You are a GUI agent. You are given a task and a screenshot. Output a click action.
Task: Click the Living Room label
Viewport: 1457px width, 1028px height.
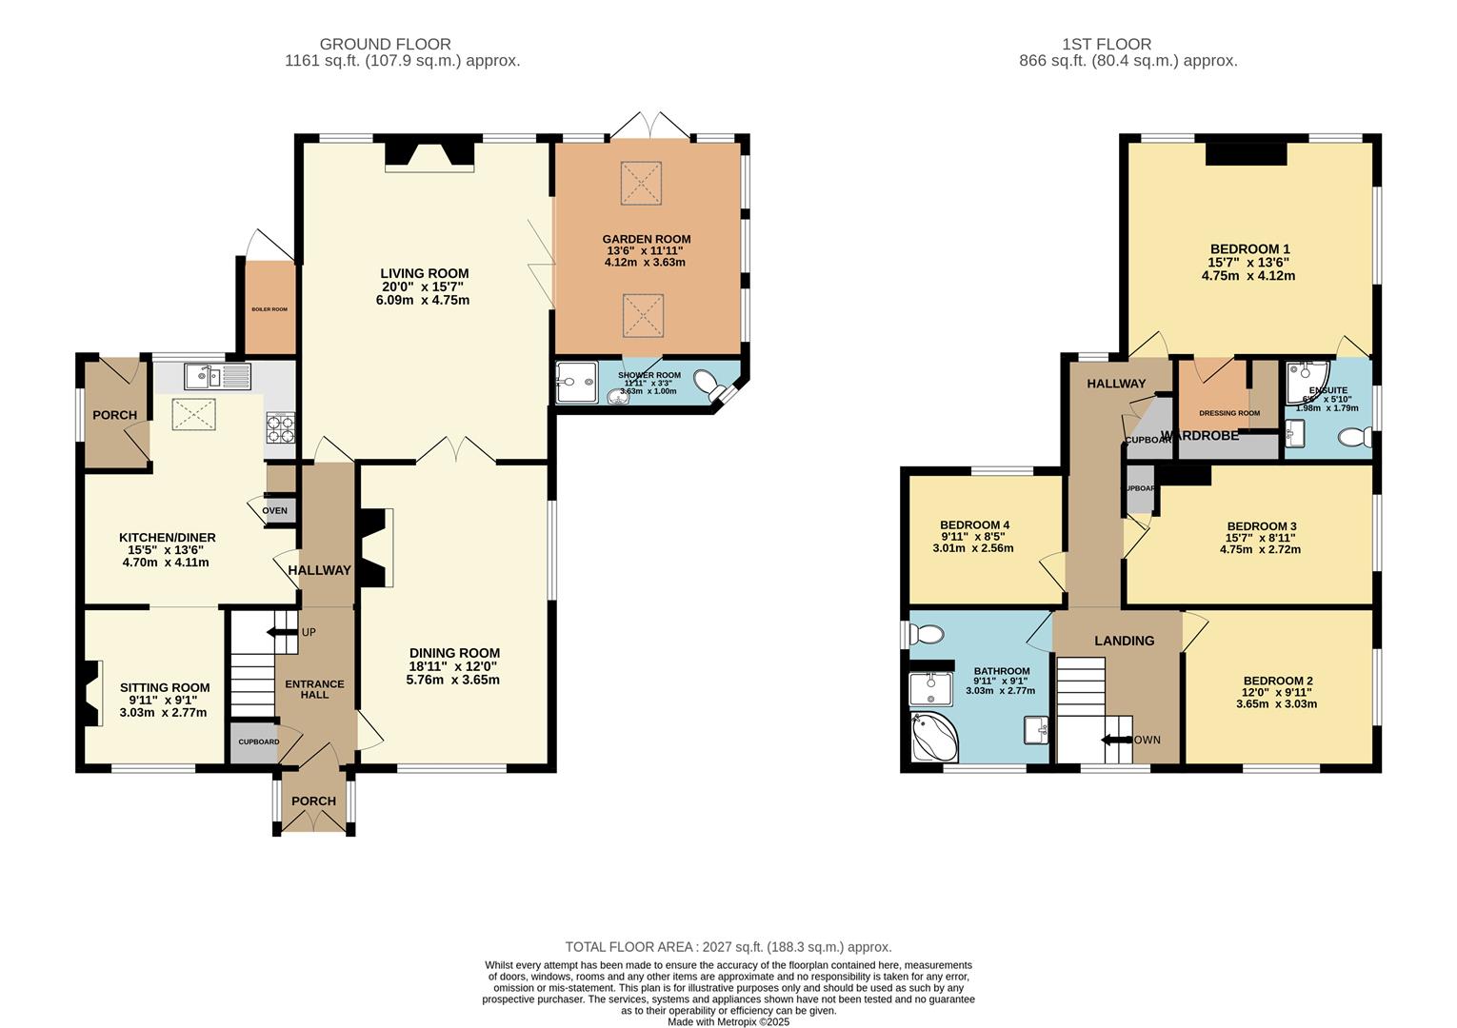(424, 273)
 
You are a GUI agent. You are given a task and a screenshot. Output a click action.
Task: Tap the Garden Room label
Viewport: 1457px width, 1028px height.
(646, 239)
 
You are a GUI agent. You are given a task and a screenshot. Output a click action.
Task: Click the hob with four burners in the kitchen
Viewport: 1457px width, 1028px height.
(281, 427)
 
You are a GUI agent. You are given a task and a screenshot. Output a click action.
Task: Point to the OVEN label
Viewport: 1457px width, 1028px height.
(274, 510)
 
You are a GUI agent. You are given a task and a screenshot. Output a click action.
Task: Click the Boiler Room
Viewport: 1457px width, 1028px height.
(269, 308)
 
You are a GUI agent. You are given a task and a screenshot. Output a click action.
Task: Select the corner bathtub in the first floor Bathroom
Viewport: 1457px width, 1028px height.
(931, 738)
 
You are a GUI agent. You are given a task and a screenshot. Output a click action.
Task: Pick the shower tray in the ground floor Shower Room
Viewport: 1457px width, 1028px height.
(576, 383)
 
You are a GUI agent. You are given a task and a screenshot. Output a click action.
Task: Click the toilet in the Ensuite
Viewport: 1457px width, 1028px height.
(1353, 437)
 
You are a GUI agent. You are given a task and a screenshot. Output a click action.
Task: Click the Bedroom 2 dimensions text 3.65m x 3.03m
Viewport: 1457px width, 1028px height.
(1276, 704)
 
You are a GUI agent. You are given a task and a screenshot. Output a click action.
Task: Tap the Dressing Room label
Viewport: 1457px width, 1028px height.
(1228, 413)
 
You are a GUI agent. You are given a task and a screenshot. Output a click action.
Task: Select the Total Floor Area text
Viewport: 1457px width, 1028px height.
(728, 947)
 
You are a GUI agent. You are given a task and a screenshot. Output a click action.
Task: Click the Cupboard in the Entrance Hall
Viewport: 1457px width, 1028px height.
(257, 742)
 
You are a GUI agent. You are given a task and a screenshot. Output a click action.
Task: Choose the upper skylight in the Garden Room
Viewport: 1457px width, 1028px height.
(642, 182)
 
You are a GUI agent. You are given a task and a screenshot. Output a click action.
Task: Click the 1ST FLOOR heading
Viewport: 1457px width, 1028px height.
(1106, 44)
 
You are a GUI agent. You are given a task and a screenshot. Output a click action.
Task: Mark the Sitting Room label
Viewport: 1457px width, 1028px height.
(165, 687)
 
